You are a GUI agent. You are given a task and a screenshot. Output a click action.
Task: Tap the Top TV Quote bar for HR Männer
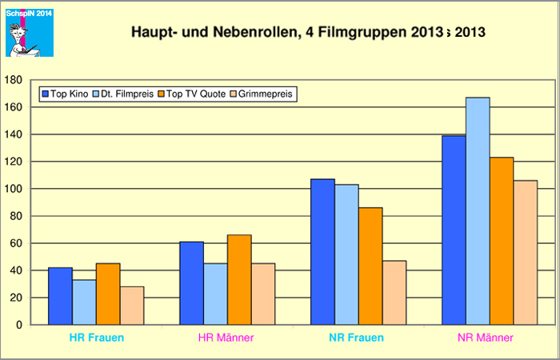pos(239,280)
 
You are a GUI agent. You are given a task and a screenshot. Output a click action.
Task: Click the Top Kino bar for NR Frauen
pos(322,252)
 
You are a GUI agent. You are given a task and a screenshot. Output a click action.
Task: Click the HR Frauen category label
pos(96,338)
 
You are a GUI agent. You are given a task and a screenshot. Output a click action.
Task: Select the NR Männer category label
pos(489,338)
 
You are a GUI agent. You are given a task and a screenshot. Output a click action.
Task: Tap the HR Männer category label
pos(226,338)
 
